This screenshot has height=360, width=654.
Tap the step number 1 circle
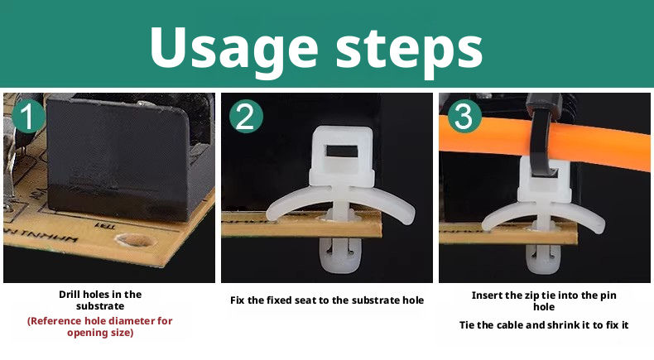28,117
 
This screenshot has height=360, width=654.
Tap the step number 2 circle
246,116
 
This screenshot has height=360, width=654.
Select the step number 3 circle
464,116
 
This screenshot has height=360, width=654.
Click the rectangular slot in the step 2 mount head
342,151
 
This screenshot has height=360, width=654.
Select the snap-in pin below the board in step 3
542,261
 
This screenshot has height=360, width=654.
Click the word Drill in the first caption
69,295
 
